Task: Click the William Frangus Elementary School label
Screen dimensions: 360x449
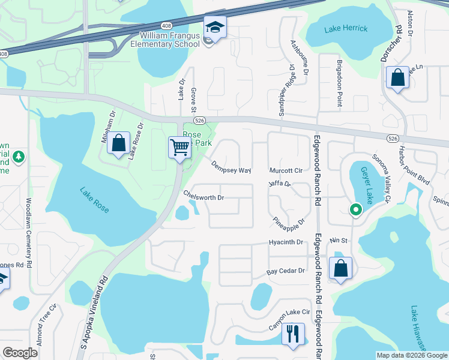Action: pyautogui.click(x=169, y=40)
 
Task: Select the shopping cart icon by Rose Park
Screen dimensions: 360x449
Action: pyautogui.click(x=180, y=147)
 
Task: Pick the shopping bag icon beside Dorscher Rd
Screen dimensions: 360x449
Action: pyautogui.click(x=397, y=77)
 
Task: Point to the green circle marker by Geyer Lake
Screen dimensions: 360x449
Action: pyautogui.click(x=355, y=210)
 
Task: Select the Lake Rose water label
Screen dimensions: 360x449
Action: pyautogui.click(x=95, y=200)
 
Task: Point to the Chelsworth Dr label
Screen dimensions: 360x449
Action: pyautogui.click(x=203, y=196)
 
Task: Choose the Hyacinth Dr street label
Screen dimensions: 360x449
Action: pyautogui.click(x=287, y=242)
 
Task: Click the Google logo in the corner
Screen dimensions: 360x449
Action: pyautogui.click(x=20, y=353)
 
